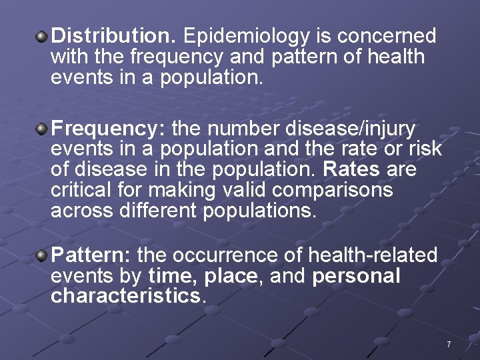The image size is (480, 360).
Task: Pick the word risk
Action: pos(427,148)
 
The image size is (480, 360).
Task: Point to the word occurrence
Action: pos(245,255)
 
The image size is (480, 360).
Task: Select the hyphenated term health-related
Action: pos(373,255)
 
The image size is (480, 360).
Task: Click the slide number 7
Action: pos(449,345)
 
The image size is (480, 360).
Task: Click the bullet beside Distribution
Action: pos(41,33)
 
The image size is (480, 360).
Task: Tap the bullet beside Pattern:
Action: pos(41,254)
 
